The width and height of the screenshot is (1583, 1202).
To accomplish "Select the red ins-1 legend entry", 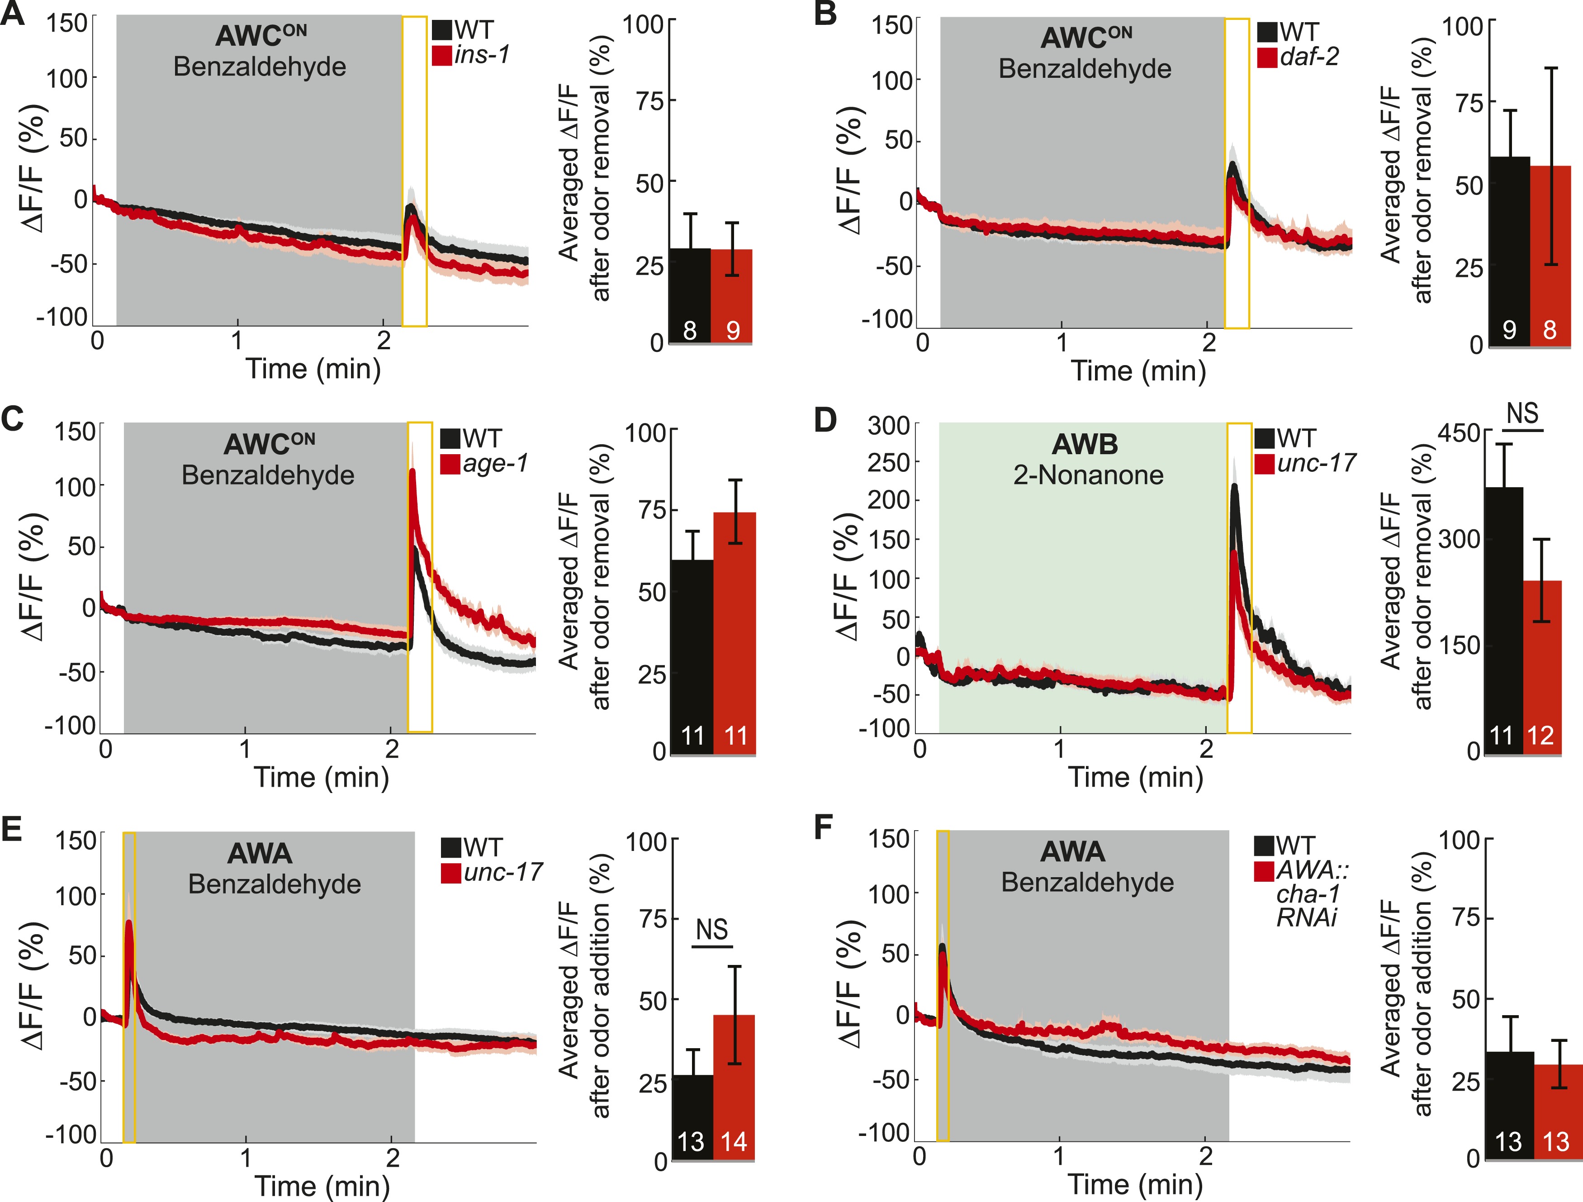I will (472, 55).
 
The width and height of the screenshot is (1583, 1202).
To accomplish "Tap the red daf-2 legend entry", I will (1298, 57).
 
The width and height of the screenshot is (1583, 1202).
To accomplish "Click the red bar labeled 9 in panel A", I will (731, 296).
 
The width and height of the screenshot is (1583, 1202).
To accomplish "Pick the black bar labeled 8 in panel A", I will (690, 296).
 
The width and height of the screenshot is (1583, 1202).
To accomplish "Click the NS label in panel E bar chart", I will (712, 929).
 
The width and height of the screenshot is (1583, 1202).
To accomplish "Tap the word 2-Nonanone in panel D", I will (1088, 475).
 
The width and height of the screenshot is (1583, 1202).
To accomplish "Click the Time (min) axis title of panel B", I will (1138, 371).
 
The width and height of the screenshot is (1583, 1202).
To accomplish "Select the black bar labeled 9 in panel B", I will (1508, 251).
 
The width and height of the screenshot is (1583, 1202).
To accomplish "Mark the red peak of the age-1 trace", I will (412, 471).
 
